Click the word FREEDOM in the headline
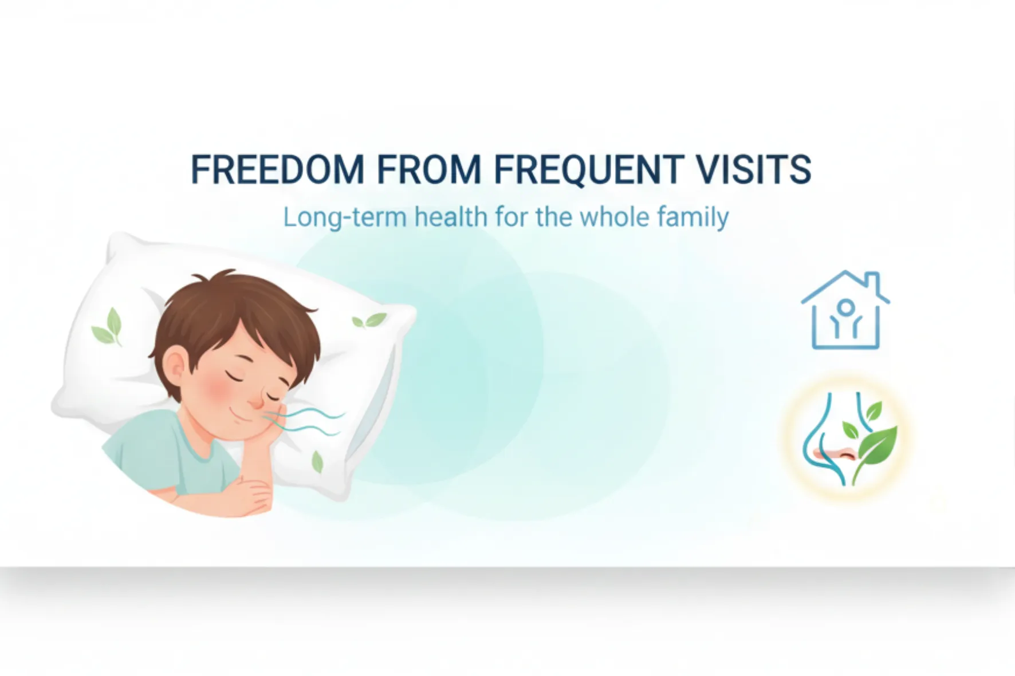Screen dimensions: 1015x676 click(277, 169)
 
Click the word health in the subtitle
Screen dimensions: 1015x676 click(451, 217)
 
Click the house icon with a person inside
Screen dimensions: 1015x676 click(846, 310)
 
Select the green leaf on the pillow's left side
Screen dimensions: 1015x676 click(107, 327)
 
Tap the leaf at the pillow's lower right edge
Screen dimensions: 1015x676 click(317, 461)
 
